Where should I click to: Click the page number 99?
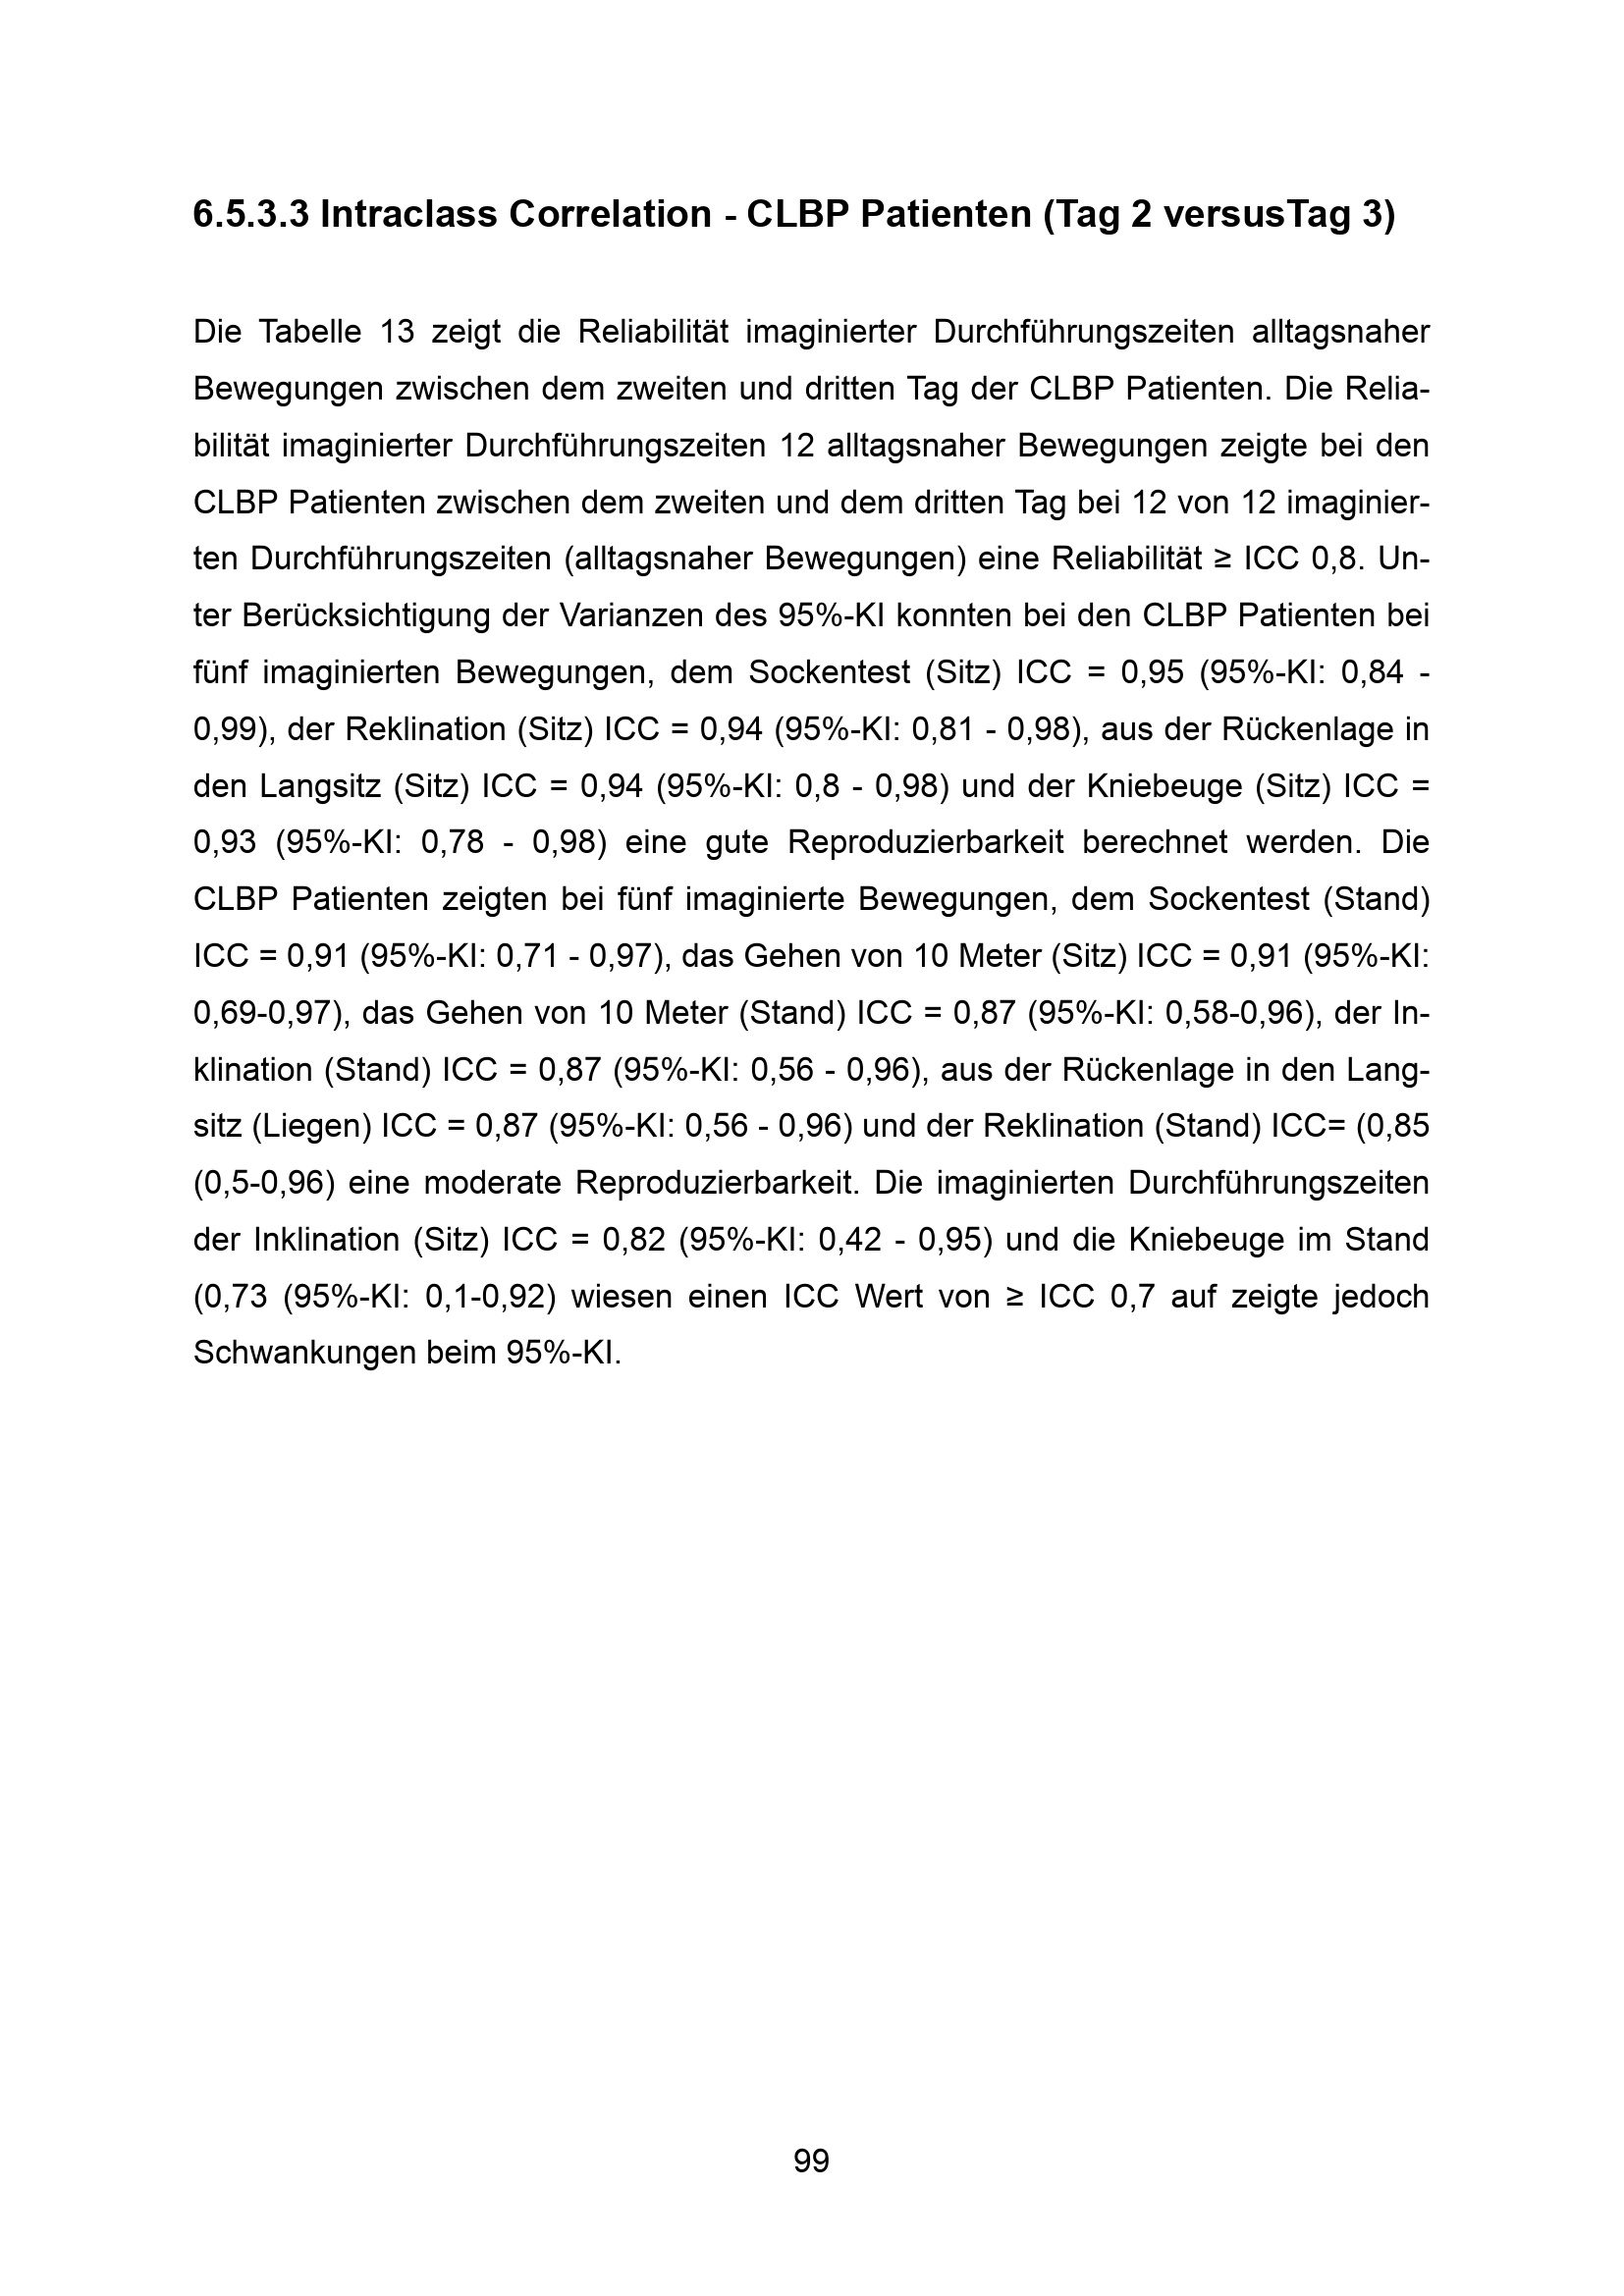(811, 2162)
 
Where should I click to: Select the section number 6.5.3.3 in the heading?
(251, 215)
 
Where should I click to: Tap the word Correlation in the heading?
(609, 215)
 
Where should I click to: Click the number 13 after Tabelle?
(397, 332)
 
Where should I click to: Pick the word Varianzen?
(619, 616)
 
